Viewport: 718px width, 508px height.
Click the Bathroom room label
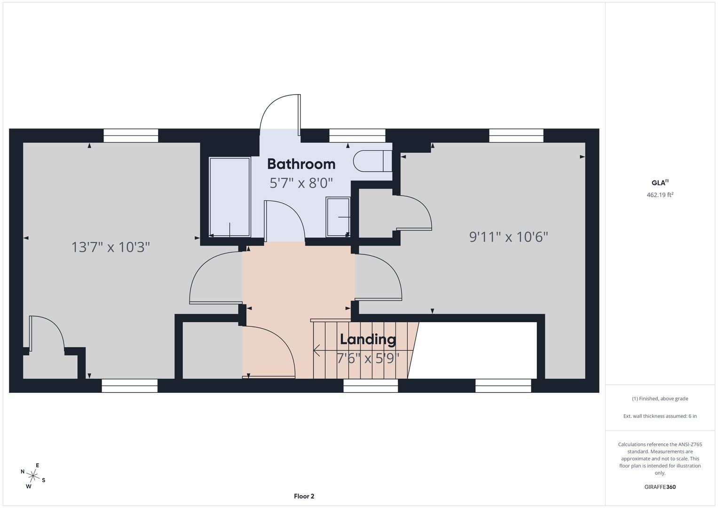(x=301, y=164)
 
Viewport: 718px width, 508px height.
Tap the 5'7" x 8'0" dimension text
(x=301, y=183)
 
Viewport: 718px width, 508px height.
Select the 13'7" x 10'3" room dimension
(x=110, y=247)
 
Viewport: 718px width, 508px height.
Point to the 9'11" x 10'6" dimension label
(x=509, y=237)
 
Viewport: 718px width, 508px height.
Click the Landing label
(x=368, y=340)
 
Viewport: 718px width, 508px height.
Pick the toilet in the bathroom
(x=372, y=161)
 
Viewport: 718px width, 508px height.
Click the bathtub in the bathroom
(x=229, y=197)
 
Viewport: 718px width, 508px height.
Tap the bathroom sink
(x=338, y=217)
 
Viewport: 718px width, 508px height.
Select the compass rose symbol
(x=33, y=476)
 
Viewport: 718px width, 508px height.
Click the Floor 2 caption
(x=304, y=496)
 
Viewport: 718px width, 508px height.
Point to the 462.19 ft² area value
(x=660, y=195)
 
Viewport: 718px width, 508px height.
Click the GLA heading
(x=660, y=183)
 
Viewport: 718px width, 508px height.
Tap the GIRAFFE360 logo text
(x=660, y=487)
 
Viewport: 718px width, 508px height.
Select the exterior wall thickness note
(x=660, y=416)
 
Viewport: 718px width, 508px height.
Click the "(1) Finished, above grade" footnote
(x=660, y=399)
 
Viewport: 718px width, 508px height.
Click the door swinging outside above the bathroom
(x=280, y=115)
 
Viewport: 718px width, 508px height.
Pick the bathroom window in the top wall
(x=357, y=135)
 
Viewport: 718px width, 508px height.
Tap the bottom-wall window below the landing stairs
(x=371, y=386)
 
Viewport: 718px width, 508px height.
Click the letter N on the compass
(x=23, y=471)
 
